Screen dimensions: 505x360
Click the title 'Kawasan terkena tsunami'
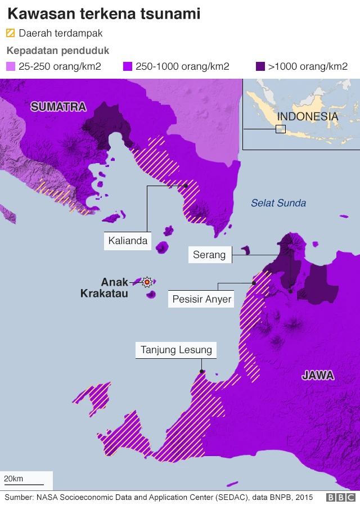[103, 13]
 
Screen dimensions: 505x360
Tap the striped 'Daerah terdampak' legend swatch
[10, 34]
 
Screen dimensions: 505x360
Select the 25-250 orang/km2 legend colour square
[10, 66]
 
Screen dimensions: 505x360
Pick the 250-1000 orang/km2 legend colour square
[127, 66]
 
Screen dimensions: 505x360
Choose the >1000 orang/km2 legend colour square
[260, 66]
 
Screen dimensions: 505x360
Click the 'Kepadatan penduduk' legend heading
[57, 51]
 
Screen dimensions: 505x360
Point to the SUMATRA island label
[58, 107]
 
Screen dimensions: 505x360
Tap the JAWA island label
[318, 375]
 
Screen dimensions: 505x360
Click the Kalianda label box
[128, 241]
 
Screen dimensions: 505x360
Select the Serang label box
[209, 255]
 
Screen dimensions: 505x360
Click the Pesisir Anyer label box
[202, 299]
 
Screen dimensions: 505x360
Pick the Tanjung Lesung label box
[176, 350]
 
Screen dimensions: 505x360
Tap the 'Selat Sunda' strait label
[278, 203]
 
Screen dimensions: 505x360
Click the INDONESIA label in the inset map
[308, 117]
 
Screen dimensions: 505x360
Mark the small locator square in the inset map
[280, 129]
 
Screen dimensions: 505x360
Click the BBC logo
[341, 497]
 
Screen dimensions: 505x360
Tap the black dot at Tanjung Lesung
[202, 371]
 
